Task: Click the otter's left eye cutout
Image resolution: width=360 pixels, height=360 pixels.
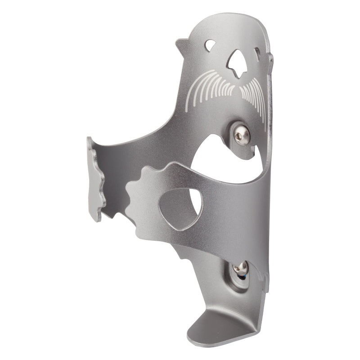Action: click(x=210, y=45)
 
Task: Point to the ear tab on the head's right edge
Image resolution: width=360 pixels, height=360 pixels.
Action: click(x=270, y=61)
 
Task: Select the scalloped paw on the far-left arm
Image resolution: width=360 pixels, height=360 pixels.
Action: click(x=96, y=180)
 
